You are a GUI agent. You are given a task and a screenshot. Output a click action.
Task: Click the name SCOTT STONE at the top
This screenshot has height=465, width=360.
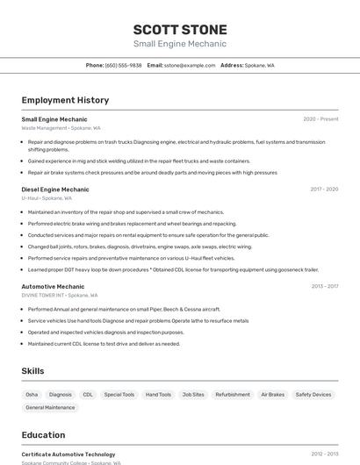(x=180, y=30)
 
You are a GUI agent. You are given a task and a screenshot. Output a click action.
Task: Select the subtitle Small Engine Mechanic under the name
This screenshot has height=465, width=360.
(x=180, y=44)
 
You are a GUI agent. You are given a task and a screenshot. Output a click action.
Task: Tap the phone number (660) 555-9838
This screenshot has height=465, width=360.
(x=123, y=65)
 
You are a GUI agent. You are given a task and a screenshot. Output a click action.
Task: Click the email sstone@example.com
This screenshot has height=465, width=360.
(x=189, y=65)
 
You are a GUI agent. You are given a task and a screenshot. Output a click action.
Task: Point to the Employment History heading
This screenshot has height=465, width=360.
(x=65, y=100)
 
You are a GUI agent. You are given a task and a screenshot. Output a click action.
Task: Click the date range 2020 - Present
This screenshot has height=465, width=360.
(x=320, y=118)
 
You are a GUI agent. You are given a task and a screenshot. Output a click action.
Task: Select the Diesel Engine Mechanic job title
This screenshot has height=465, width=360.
(x=55, y=189)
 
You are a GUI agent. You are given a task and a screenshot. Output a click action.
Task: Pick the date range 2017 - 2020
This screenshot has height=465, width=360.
(x=324, y=189)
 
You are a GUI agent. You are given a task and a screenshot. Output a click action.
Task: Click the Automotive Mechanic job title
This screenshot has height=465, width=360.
(x=53, y=286)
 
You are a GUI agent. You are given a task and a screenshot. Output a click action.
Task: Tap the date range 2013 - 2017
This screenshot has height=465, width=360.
(x=324, y=286)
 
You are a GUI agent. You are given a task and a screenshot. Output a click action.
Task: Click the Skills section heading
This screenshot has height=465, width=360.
(x=32, y=371)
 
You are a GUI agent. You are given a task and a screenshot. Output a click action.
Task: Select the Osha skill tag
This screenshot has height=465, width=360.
(x=32, y=395)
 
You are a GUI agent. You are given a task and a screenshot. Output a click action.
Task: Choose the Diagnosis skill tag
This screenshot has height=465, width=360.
(x=61, y=395)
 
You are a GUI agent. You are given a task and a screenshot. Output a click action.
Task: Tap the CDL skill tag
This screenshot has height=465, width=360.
(x=88, y=395)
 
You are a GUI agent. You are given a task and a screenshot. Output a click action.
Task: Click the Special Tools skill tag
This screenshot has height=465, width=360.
(x=119, y=395)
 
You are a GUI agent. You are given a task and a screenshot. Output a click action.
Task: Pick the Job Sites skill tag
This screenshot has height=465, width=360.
(x=193, y=395)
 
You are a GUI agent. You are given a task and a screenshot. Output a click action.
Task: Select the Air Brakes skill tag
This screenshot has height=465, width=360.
(x=273, y=395)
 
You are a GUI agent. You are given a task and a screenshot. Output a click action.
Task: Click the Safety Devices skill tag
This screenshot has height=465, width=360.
(x=313, y=395)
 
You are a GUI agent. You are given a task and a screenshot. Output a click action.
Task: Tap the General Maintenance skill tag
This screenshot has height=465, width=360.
(x=50, y=408)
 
